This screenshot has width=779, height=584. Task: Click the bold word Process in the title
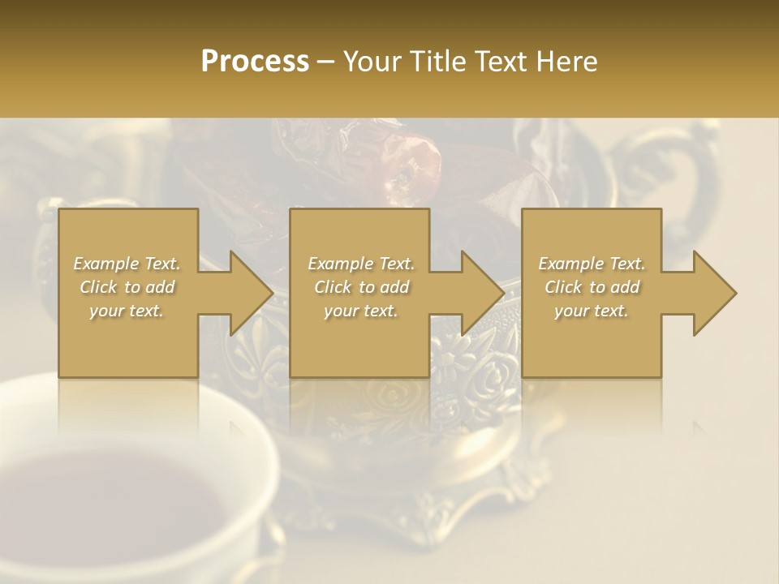point(255,62)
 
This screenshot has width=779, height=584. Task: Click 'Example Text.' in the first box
point(127,264)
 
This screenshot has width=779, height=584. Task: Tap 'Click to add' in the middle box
point(361,287)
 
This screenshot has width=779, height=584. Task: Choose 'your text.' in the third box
point(592,311)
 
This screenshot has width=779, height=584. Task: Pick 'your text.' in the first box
point(127,311)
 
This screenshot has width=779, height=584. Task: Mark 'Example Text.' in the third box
point(592,264)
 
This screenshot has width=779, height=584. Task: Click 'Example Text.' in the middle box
point(361,264)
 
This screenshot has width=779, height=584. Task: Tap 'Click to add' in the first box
point(127,287)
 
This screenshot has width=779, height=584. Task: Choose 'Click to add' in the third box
point(592,287)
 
